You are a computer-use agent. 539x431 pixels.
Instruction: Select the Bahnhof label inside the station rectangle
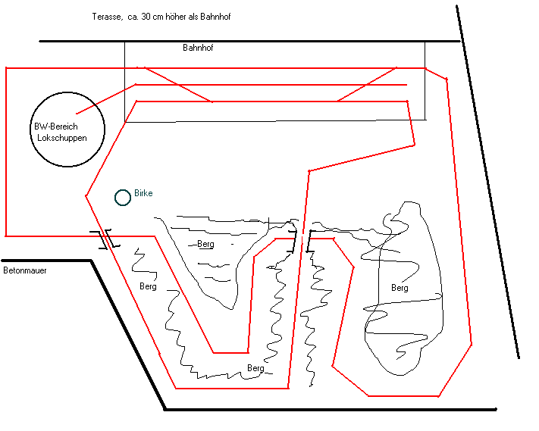pyautogui.click(x=199, y=48)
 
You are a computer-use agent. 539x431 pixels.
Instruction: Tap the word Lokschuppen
pyautogui.click(x=61, y=139)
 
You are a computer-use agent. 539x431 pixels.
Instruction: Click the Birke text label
pyautogui.click(x=143, y=194)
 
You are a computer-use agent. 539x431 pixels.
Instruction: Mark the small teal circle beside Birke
pyautogui.click(x=122, y=198)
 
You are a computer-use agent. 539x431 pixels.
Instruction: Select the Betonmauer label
pyautogui.click(x=24, y=270)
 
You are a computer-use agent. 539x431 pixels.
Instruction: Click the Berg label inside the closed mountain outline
pyautogui.click(x=400, y=288)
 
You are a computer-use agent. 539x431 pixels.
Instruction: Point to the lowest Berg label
pyautogui.click(x=255, y=368)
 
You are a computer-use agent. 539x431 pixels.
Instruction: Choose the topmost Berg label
pyautogui.click(x=205, y=244)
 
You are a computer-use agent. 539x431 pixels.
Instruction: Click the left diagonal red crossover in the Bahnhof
pyautogui.click(x=178, y=85)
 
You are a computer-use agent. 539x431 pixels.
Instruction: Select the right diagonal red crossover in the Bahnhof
pyautogui.click(x=367, y=84)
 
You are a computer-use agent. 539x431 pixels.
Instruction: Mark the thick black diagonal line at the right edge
pyautogui.click(x=489, y=182)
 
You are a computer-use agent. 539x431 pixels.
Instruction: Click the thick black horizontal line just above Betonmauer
pyautogui.click(x=45, y=261)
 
